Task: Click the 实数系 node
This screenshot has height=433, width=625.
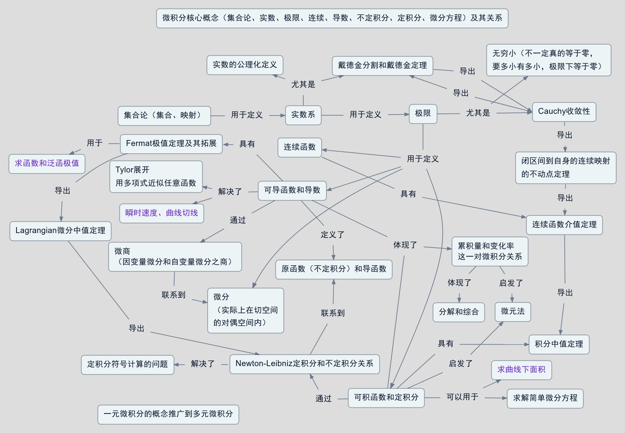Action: click(303, 115)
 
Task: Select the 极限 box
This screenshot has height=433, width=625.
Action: click(423, 114)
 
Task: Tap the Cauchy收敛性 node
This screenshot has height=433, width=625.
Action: click(564, 112)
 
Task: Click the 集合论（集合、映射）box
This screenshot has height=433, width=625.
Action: click(164, 116)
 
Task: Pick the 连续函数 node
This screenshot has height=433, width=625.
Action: click(300, 147)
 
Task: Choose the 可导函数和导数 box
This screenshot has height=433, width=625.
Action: click(292, 190)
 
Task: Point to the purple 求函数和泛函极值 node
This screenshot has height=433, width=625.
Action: click(47, 164)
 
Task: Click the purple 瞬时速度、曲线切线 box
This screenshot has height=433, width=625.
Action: click(162, 213)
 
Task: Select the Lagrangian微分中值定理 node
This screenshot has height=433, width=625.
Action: click(61, 231)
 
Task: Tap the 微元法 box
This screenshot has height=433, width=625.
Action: click(513, 312)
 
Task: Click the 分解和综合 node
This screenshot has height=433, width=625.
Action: click(459, 312)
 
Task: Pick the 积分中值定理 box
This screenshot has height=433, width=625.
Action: click(559, 344)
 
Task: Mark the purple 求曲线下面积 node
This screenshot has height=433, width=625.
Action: click(521, 370)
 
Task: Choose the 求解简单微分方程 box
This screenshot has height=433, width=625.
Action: click(545, 398)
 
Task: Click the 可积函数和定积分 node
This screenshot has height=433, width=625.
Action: click(386, 398)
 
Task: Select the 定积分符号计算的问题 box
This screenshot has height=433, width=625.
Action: click(128, 364)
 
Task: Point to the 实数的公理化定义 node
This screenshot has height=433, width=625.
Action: click(245, 65)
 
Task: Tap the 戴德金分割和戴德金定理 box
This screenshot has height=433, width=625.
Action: click(383, 66)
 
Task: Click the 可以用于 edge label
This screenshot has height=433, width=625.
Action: click(462, 397)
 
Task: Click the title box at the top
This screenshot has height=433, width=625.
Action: click(332, 18)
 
